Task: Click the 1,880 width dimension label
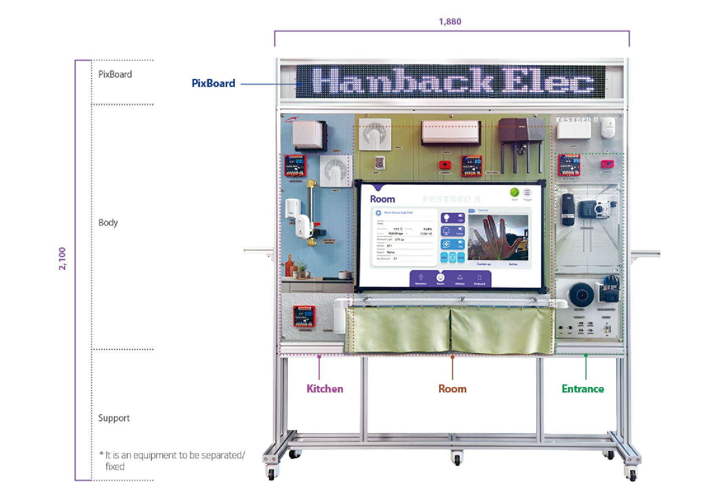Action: coord(450,22)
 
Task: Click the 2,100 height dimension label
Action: coord(62,258)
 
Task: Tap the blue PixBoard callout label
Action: coord(213,83)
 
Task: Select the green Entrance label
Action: coord(583,389)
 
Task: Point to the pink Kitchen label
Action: coord(325,389)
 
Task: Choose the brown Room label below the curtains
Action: coord(452,389)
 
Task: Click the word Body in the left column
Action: coord(108,223)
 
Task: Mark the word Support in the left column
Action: coord(114,418)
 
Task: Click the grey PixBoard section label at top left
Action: coord(115,74)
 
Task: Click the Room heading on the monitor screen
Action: coord(382,199)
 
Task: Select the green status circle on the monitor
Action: coord(514,193)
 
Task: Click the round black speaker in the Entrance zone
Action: coord(581,294)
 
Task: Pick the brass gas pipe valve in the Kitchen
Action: coord(312,212)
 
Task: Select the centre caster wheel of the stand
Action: coord(456,458)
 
